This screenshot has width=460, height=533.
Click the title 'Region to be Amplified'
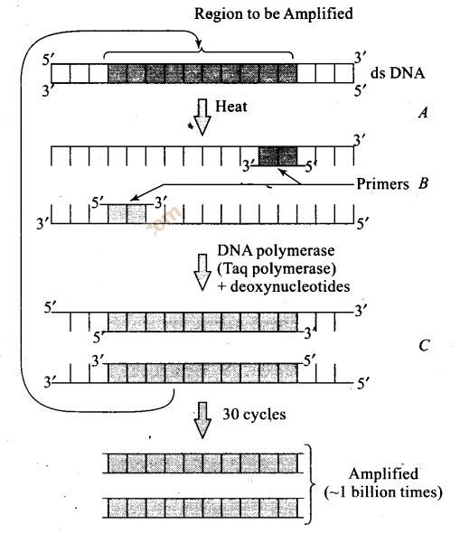coord(273,14)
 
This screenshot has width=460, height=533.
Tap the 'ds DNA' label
coord(398,73)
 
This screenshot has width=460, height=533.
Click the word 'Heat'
coord(231,107)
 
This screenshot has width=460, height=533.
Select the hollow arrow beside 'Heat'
coord(202,117)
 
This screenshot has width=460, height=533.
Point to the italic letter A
coord(423,113)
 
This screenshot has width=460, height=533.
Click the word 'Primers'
coord(382,184)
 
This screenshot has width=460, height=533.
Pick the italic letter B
coord(423,183)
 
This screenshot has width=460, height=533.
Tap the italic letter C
coord(424,346)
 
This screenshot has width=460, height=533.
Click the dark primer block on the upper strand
coord(277,156)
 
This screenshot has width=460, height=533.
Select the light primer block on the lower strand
coord(127,214)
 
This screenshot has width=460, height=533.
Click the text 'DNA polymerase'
coord(276,250)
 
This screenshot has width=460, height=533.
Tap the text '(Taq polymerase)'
coord(277,268)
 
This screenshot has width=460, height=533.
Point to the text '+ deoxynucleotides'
coord(284,286)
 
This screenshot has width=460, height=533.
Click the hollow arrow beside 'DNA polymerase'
coord(202,272)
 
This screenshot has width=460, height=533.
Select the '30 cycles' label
coord(254,415)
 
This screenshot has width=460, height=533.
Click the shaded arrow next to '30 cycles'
coord(202,420)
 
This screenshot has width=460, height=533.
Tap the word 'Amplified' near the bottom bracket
coord(383,474)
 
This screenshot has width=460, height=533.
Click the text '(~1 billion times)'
coord(383,491)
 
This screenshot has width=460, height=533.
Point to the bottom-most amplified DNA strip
coord(203,508)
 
